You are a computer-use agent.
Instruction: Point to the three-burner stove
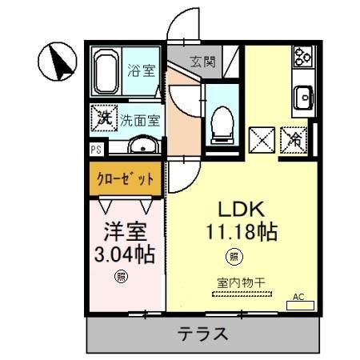tap(303, 55)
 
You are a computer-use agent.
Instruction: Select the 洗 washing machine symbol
tap(102, 117)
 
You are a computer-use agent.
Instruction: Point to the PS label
tap(95, 149)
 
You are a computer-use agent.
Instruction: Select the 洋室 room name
tap(124, 232)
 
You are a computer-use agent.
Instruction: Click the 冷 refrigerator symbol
tap(294, 138)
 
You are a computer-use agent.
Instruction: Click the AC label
tap(300, 297)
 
